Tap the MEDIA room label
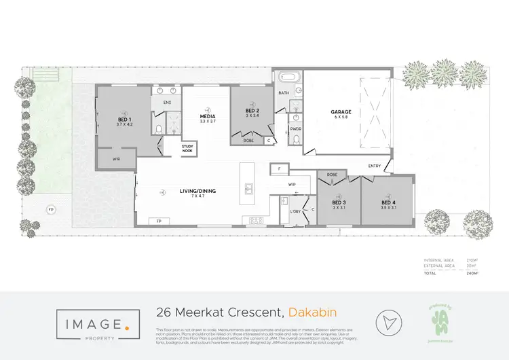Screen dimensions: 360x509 207,116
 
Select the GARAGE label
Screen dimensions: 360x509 341,112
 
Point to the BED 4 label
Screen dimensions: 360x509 388,202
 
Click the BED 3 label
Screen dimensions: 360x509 339,202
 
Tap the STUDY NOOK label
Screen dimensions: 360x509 188,149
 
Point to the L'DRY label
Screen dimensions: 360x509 295,212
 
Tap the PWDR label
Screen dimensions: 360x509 296,128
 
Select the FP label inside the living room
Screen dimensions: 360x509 158,221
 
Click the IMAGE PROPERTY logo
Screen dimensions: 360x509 98,321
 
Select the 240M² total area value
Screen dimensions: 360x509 472,273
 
